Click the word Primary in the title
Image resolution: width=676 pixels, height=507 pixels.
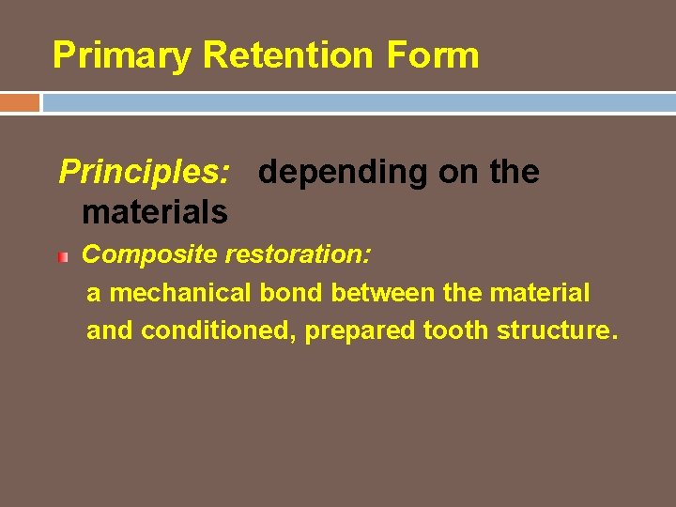point(122,55)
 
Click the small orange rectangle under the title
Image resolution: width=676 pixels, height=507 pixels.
point(19,101)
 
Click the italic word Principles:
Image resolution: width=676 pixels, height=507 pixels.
point(145,172)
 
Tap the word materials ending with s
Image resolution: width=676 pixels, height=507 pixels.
point(155,212)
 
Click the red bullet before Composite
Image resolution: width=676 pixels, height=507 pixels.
point(63,255)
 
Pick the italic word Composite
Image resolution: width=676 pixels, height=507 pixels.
point(138,254)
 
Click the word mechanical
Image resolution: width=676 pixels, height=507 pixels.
point(181,293)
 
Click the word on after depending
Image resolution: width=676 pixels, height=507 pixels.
point(475,172)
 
